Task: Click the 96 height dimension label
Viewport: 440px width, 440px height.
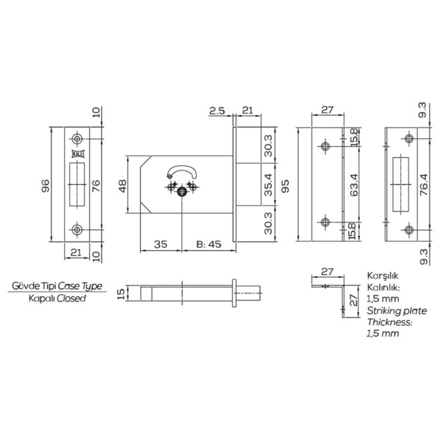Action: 45,185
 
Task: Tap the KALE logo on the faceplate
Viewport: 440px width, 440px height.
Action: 76,154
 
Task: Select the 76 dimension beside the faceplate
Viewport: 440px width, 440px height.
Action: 96,185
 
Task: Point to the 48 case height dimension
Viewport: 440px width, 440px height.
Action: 123,185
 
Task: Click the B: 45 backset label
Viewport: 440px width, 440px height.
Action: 209,244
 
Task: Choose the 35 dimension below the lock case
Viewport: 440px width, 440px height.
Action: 161,244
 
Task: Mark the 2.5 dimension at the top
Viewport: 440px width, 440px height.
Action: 217,111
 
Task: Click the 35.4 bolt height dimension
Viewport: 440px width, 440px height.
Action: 268,184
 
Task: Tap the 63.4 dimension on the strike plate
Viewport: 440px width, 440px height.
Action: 354,184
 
